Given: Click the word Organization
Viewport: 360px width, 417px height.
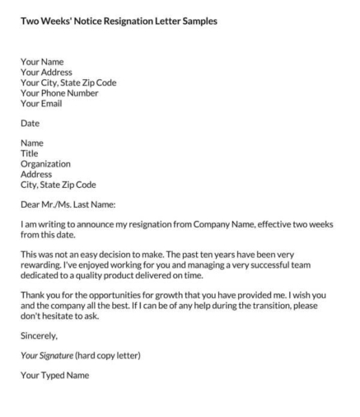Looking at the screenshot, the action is coord(45,164).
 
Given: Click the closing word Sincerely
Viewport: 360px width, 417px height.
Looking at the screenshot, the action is coord(40,336).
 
